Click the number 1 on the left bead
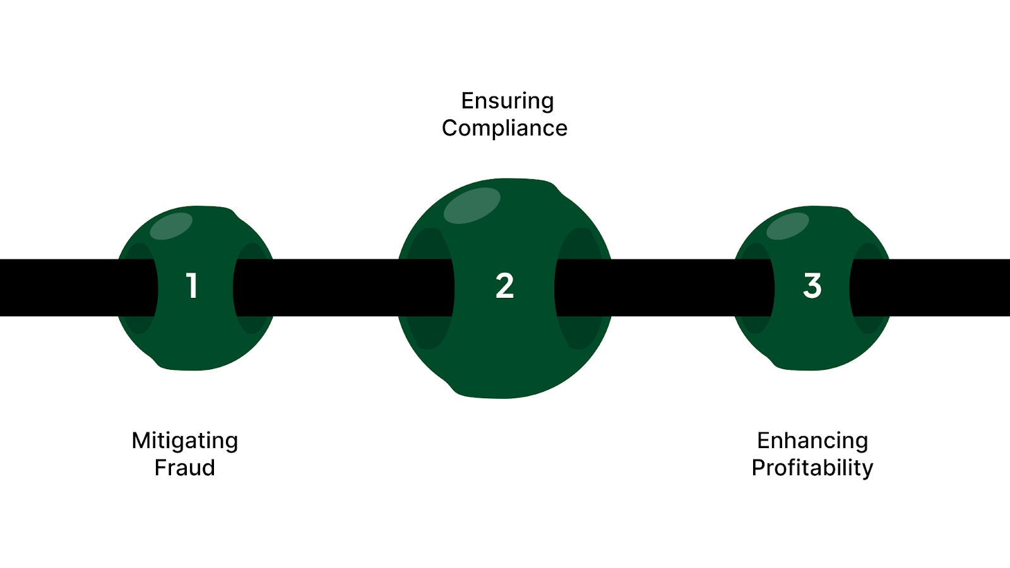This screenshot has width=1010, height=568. pos(192,285)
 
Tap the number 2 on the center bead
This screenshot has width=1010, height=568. pos(504,286)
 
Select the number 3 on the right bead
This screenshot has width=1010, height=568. pos(812,285)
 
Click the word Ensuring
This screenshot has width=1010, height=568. pos(507,101)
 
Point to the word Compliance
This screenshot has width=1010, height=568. pos(504,128)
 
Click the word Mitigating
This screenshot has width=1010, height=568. pos(184,441)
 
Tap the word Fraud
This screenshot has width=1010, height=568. pos(184,468)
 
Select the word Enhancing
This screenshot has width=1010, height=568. pos(812,441)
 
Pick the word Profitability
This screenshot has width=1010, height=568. pos(812,468)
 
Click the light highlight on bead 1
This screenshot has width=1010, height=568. pos(171,226)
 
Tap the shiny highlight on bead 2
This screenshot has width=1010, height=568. pos(472,205)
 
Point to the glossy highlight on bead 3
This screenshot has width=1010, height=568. pos(787,226)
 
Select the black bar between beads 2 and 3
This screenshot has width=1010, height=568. pos(663,287)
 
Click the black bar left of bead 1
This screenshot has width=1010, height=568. pos(57,287)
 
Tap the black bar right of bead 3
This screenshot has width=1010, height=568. pos(947,287)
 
